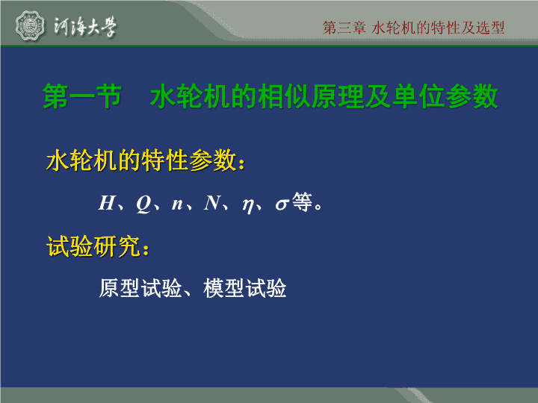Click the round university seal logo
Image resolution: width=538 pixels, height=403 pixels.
(x=30, y=26)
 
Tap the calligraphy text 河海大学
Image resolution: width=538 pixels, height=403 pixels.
(x=85, y=26)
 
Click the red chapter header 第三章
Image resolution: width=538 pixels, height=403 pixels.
(x=344, y=28)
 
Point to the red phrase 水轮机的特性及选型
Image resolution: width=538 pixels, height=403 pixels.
(x=438, y=28)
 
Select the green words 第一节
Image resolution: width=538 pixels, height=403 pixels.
(x=82, y=96)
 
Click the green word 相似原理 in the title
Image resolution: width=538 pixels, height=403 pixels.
(x=311, y=96)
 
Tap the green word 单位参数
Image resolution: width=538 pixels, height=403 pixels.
(x=445, y=96)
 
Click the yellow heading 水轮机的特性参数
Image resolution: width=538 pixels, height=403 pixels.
(x=141, y=160)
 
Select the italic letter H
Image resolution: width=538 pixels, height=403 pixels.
(x=106, y=202)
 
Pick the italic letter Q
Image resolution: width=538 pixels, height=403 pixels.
(x=143, y=204)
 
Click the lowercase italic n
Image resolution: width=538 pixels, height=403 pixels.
(x=177, y=204)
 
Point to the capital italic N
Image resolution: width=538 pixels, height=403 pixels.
(x=212, y=202)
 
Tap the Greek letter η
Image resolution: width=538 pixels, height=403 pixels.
(x=248, y=206)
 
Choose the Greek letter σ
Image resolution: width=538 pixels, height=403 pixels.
(x=282, y=204)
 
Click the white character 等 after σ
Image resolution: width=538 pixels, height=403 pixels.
(x=302, y=201)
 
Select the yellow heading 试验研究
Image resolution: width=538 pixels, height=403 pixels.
(x=93, y=246)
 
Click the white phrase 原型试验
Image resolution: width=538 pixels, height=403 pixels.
(x=140, y=288)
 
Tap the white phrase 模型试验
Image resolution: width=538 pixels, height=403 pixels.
(x=244, y=288)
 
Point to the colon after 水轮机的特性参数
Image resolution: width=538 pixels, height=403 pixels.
(x=242, y=163)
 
